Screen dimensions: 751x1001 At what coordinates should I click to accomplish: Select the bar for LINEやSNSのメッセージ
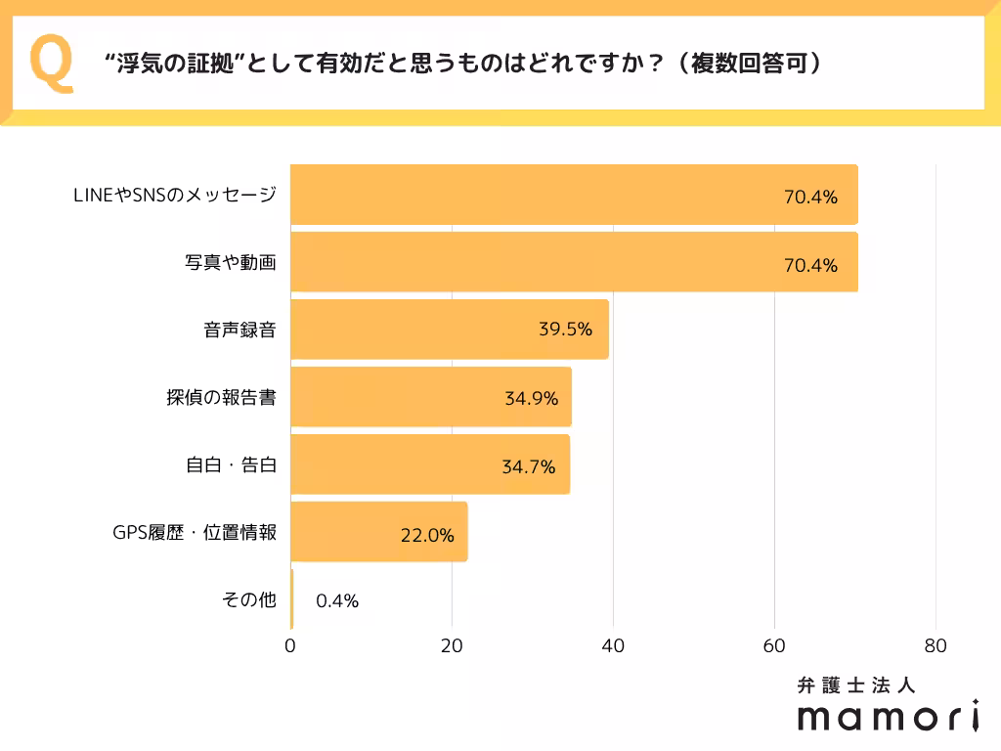pyautogui.click(x=574, y=196)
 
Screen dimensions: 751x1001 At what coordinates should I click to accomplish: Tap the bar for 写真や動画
pyautogui.click(x=574, y=263)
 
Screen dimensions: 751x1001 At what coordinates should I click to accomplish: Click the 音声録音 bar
pyautogui.click(x=450, y=330)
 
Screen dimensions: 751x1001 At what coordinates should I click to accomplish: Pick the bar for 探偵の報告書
pyautogui.click(x=431, y=397)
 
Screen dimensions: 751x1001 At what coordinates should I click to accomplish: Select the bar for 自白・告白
pyautogui.click(x=430, y=465)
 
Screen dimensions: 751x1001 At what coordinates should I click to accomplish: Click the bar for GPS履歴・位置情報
pyautogui.click(x=379, y=533)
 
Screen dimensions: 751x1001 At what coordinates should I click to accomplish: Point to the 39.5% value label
pyautogui.click(x=565, y=330)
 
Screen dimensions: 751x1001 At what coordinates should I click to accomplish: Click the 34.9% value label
pyautogui.click(x=531, y=398)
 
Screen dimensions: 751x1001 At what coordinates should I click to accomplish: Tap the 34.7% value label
pyautogui.click(x=529, y=466)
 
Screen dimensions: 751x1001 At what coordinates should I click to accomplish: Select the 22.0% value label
pyautogui.click(x=427, y=535)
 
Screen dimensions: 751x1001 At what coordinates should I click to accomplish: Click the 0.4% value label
pyautogui.click(x=337, y=601)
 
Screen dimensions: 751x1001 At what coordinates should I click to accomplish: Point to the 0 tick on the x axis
pyautogui.click(x=291, y=646)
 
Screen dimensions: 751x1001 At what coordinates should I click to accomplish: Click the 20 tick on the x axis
pyautogui.click(x=452, y=646)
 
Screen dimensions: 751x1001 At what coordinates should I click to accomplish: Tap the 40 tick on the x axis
pyautogui.click(x=613, y=646)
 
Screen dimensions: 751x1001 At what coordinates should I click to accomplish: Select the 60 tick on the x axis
pyautogui.click(x=774, y=646)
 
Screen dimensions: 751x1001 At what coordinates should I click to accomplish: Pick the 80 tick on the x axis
pyautogui.click(x=936, y=646)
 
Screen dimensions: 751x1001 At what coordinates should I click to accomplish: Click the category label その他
pyautogui.click(x=250, y=600)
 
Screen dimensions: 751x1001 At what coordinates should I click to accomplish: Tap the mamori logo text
pyautogui.click(x=888, y=717)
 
